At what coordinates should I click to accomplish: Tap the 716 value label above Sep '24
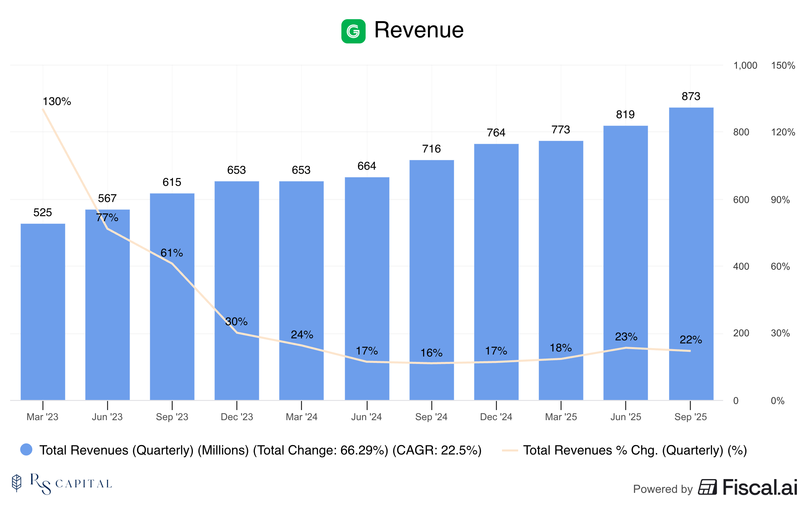tap(431, 149)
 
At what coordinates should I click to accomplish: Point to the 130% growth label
tap(57, 101)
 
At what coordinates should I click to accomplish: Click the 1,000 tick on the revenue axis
tap(745, 65)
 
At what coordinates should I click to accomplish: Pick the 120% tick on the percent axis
tap(783, 132)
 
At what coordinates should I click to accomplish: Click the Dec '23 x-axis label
tap(237, 417)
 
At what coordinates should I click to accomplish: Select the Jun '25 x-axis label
tap(626, 417)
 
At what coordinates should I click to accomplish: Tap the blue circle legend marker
tap(26, 449)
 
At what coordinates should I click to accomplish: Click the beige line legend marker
tap(509, 450)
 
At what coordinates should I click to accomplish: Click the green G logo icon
tap(353, 31)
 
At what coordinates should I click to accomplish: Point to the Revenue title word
tap(419, 30)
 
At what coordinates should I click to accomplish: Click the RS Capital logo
tap(62, 484)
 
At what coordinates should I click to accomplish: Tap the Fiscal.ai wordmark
tap(760, 487)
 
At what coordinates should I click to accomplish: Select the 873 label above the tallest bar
tap(691, 97)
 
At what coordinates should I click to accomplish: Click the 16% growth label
tap(431, 353)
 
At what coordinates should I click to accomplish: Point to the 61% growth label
tap(172, 253)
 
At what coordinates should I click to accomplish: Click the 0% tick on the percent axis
tap(777, 401)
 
